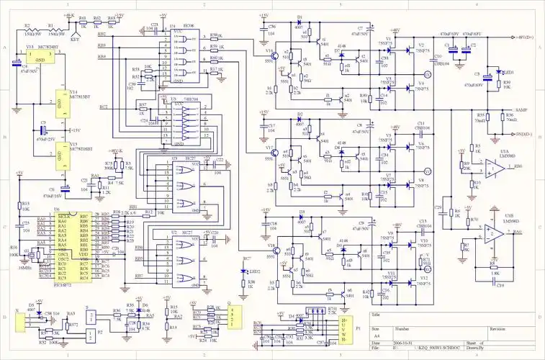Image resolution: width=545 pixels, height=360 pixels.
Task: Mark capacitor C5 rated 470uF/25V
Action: pos(43,132)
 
